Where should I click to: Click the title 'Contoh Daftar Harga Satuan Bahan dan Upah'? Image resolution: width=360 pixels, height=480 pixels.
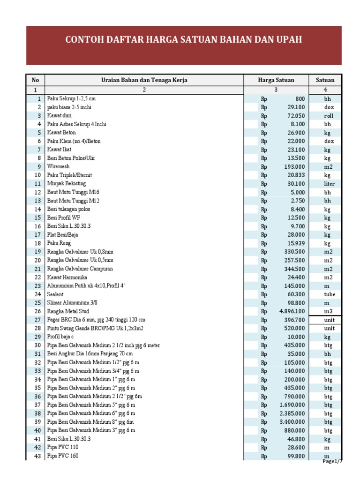point(183,40)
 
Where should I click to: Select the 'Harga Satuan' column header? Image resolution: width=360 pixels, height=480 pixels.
point(276,80)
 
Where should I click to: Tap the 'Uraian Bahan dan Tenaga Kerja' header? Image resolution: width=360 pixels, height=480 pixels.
point(144,80)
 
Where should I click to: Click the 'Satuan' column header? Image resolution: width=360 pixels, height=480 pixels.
point(325,80)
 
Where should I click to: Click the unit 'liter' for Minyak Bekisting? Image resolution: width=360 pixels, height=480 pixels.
point(329,184)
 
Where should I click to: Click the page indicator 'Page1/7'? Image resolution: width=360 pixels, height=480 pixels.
point(333,462)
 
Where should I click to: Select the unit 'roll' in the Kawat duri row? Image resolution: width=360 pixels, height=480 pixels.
point(328,116)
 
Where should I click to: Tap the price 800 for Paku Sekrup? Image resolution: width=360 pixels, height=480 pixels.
point(300,99)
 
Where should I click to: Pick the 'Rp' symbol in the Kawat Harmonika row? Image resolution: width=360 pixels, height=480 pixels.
point(264,277)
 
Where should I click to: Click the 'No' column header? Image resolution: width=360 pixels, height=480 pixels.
point(34,80)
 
